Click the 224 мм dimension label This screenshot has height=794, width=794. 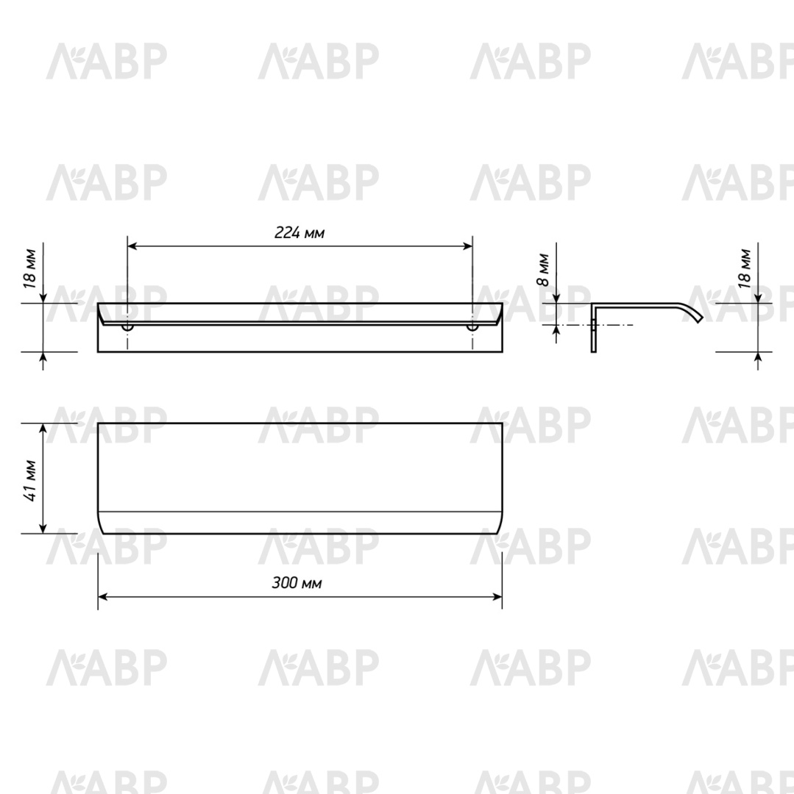pos(299,232)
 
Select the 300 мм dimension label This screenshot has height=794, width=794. pos(297,583)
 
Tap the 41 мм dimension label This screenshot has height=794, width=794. pos(30,481)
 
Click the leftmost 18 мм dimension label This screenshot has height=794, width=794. pos(30,269)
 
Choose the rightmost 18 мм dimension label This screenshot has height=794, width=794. pos(745,269)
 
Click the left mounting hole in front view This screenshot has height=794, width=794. pos(128,327)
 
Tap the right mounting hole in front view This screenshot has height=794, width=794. pos(472,327)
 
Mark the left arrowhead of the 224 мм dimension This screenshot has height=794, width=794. pos(132,246)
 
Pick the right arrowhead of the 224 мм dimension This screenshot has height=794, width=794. pos(467,246)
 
